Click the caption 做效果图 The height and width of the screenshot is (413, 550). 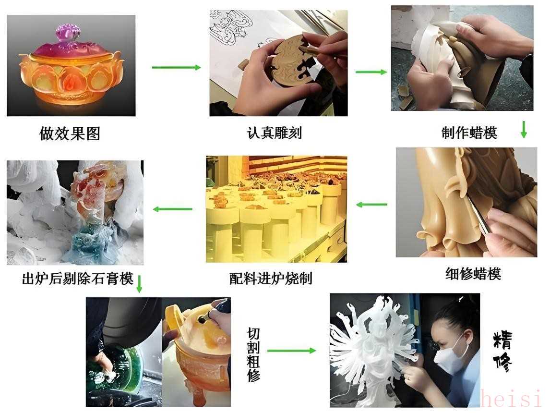[x=70, y=134]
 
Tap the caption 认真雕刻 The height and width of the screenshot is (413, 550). [x=274, y=133]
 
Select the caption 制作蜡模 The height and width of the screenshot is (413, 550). [x=469, y=133]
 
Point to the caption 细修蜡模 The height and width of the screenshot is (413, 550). [x=473, y=274]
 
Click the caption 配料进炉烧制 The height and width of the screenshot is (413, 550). [x=271, y=279]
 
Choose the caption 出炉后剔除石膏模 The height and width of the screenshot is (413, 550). [x=78, y=279]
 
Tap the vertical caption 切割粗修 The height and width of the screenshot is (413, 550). [x=253, y=354]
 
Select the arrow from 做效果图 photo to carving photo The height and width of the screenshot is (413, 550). [x=176, y=67]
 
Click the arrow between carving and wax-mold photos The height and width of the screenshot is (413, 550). [x=371, y=72]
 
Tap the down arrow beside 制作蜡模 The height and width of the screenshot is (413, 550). [x=524, y=130]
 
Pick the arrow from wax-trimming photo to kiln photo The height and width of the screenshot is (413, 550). [x=372, y=204]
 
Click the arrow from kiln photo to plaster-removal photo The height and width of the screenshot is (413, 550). [x=173, y=209]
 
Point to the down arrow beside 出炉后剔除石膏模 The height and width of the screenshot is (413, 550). [x=139, y=284]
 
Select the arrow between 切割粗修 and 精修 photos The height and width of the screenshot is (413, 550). [x=291, y=350]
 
